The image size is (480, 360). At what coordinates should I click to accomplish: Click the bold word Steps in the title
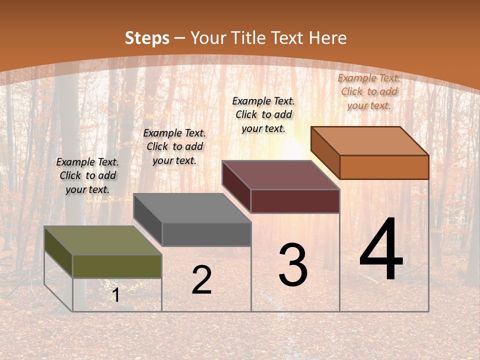(x=147, y=38)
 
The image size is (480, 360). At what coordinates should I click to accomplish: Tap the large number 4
(x=381, y=250)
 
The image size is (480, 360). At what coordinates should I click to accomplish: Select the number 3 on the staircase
(x=293, y=265)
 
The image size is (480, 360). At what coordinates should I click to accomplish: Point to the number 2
(x=201, y=280)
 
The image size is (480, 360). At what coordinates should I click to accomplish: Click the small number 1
(x=116, y=295)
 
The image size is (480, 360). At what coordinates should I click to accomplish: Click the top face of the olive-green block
(x=102, y=240)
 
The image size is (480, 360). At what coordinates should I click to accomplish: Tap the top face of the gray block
(x=192, y=208)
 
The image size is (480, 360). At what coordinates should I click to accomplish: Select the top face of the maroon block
(x=281, y=175)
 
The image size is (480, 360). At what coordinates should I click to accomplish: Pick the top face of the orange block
(x=370, y=141)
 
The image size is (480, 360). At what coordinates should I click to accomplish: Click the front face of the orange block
(x=384, y=167)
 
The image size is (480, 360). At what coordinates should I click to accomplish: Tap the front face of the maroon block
(x=295, y=201)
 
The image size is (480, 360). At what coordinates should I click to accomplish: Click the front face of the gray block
(x=206, y=234)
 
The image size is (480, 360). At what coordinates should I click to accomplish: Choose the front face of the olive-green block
(x=117, y=266)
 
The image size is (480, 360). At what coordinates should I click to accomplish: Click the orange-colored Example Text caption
(x=369, y=91)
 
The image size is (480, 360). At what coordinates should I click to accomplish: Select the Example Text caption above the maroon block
(x=263, y=114)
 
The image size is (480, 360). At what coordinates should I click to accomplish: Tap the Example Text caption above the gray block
(x=174, y=146)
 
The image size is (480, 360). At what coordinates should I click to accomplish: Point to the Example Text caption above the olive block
(x=87, y=175)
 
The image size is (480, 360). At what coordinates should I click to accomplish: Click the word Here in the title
(x=328, y=38)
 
